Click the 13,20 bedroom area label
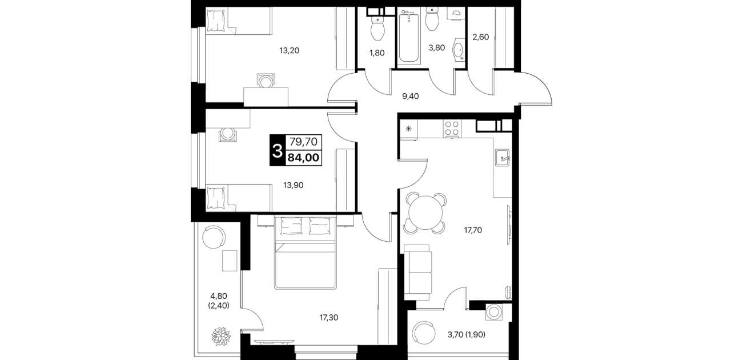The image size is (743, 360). [x=289, y=50]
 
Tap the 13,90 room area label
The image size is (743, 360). [x=293, y=185]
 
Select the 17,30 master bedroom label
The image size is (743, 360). [x=329, y=318]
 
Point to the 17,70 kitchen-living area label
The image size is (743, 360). [x=473, y=230]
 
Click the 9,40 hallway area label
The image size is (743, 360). [x=410, y=96]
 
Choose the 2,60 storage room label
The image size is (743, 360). [x=481, y=37]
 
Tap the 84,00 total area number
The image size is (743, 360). [x=303, y=158]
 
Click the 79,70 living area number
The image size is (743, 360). [x=303, y=142]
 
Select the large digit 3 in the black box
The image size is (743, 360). [x=277, y=151]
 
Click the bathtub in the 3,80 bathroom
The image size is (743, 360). [x=409, y=36]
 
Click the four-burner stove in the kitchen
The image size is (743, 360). [x=452, y=129]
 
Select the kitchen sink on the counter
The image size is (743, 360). [x=503, y=157]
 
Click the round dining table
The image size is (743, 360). [x=426, y=213]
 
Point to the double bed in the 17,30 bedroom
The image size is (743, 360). [x=305, y=253]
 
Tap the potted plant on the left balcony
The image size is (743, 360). [x=221, y=337]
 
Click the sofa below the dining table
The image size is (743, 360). [x=418, y=273]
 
